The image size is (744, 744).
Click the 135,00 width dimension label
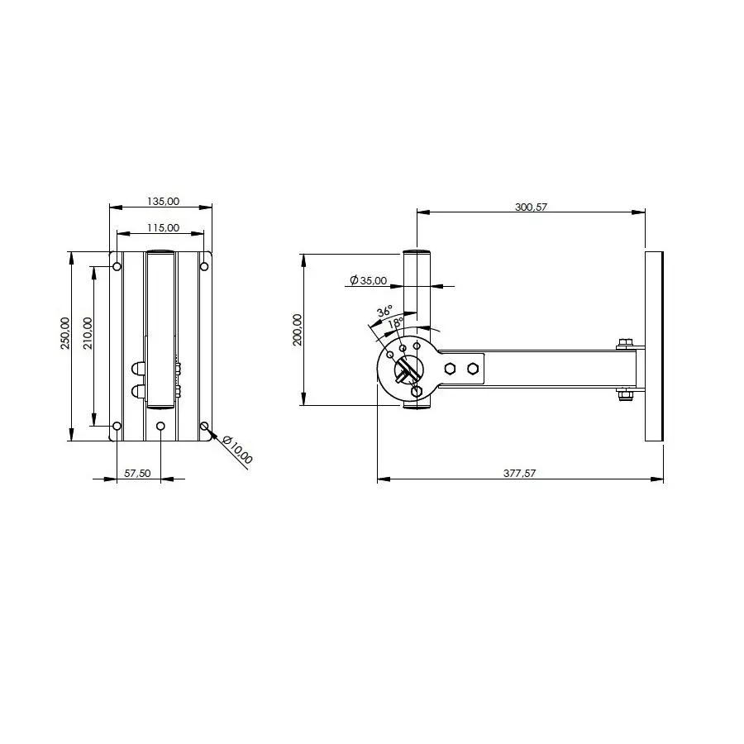click(x=163, y=201)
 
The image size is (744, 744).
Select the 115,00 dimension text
click(x=163, y=227)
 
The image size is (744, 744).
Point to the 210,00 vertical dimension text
click(x=88, y=334)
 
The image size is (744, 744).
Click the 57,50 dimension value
click(x=137, y=473)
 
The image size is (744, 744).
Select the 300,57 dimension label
click(x=531, y=207)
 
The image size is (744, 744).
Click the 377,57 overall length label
click(x=521, y=473)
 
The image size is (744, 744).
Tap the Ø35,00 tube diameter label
click(x=369, y=280)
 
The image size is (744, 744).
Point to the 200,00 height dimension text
click(x=298, y=329)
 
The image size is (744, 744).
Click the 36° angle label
click(x=384, y=312)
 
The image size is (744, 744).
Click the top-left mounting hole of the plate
click(x=117, y=266)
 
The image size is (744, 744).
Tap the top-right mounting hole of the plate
click(x=203, y=266)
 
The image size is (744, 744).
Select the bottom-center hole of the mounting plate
click(x=160, y=426)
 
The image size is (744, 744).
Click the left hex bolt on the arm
click(x=450, y=369)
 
